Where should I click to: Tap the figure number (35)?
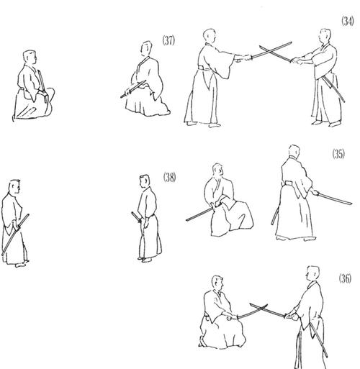[338, 155]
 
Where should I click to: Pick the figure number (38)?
[170, 177]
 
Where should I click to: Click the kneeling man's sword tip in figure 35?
[187, 219]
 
